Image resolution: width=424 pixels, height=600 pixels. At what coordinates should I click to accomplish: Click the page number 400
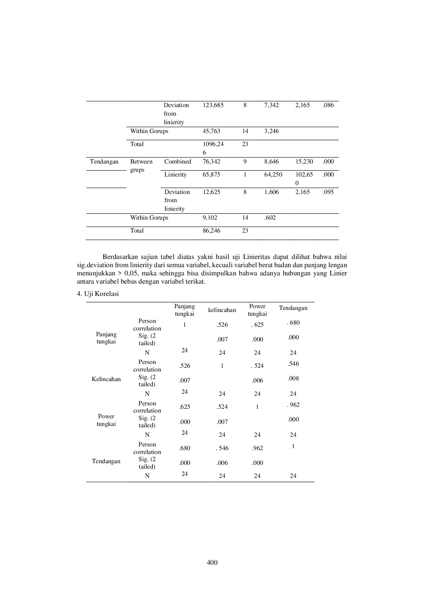click(212, 562)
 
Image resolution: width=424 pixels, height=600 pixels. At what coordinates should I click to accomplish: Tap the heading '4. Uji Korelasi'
click(98, 294)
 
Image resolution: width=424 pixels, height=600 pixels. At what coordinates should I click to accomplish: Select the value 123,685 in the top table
click(213, 105)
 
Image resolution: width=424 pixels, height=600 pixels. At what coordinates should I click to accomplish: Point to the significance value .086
click(328, 105)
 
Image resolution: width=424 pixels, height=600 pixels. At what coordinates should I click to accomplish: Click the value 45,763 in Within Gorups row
click(211, 131)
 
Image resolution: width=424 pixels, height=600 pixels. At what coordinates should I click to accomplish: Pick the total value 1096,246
click(213, 148)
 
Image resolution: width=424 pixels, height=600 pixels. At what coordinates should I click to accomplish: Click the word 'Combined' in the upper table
click(177, 161)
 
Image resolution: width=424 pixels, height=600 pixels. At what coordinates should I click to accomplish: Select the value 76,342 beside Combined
click(211, 161)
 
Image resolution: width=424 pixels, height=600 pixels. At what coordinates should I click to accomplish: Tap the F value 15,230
click(304, 161)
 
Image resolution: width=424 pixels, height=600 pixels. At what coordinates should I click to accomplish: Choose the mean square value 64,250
click(273, 174)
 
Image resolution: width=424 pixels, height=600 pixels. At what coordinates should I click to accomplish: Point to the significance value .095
click(328, 192)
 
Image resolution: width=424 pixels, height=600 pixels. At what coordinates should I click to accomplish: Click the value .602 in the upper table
click(270, 218)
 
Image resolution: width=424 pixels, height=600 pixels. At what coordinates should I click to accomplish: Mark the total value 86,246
click(211, 231)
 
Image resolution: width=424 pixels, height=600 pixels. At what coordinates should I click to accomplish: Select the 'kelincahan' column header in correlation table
click(222, 310)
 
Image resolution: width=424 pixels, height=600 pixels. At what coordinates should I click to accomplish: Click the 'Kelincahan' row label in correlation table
click(106, 379)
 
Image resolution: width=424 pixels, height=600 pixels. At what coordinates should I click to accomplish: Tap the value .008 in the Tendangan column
click(293, 378)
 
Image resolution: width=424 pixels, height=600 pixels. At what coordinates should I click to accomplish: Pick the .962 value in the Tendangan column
click(293, 405)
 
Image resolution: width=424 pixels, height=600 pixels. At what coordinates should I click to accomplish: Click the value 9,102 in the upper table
click(210, 218)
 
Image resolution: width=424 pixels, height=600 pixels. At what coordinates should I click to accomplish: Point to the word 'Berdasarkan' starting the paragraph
click(118, 257)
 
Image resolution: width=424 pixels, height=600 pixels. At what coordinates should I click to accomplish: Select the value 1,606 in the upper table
click(271, 192)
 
